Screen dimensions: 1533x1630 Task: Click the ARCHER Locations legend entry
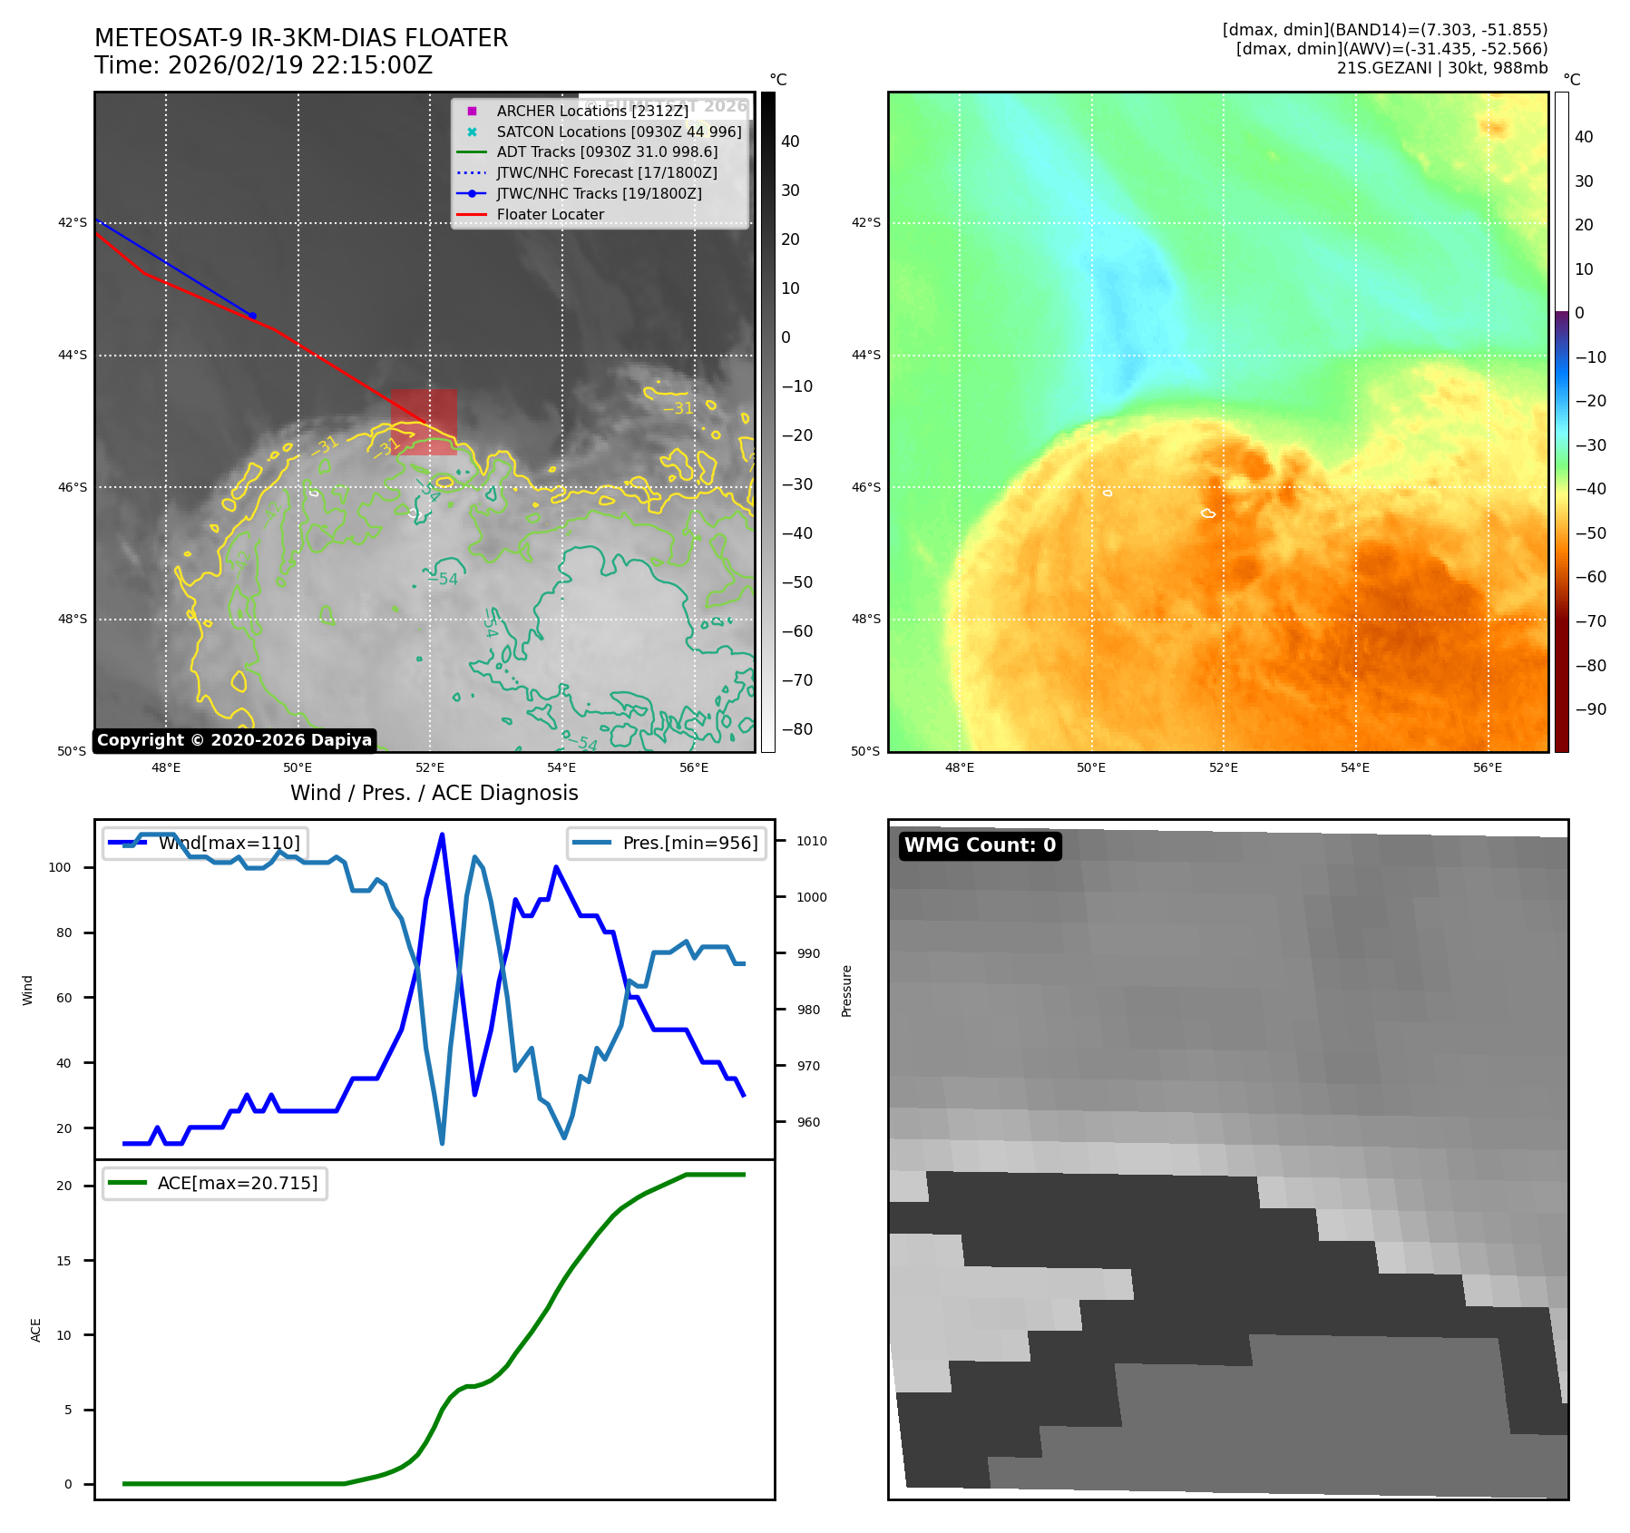click(x=591, y=111)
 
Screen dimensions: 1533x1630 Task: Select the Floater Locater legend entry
click(x=550, y=215)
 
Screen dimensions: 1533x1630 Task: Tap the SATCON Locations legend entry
click(x=619, y=132)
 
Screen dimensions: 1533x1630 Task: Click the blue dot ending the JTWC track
click(x=252, y=316)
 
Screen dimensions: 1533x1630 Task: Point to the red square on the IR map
click(x=424, y=422)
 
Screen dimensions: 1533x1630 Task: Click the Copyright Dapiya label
click(x=234, y=740)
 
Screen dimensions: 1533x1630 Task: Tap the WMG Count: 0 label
click(x=980, y=845)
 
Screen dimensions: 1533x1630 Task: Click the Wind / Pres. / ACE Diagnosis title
click(x=434, y=793)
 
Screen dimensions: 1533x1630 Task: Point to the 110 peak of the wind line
click(x=442, y=835)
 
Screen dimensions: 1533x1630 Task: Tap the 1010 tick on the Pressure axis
click(x=811, y=841)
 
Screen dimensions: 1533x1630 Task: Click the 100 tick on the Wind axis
click(x=60, y=867)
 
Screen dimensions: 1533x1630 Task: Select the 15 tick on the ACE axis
click(x=63, y=1261)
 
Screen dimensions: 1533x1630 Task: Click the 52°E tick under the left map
click(x=430, y=767)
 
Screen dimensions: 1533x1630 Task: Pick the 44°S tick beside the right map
click(x=865, y=355)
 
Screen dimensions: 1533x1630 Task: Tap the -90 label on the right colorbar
click(x=1590, y=709)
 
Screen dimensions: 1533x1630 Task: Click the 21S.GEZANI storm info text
click(x=1441, y=68)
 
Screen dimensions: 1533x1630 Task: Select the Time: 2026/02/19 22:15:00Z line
click(x=263, y=65)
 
